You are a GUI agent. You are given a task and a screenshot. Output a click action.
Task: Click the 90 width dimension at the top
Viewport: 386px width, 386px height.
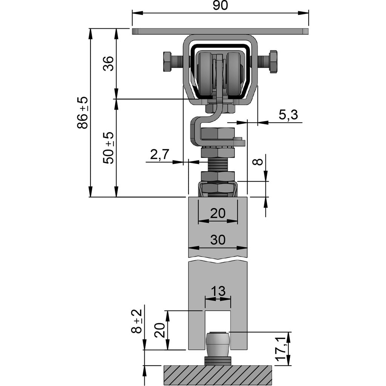pyautogui.click(x=220, y=6)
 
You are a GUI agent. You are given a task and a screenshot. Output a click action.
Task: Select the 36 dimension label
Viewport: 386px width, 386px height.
pyautogui.click(x=108, y=63)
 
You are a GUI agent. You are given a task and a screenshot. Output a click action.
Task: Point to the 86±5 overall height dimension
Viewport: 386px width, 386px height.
pyautogui.click(x=83, y=112)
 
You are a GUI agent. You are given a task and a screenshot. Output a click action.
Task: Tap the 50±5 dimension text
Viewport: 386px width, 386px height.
pyautogui.click(x=108, y=147)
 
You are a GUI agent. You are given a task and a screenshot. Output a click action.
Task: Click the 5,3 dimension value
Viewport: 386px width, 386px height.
pyautogui.click(x=288, y=115)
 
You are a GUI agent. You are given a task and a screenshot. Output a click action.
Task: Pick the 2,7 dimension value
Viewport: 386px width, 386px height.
pyautogui.click(x=160, y=154)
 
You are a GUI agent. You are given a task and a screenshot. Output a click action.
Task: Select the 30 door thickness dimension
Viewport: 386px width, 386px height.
pyautogui.click(x=218, y=240)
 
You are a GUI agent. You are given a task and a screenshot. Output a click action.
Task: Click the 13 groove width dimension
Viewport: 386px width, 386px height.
pyautogui.click(x=218, y=291)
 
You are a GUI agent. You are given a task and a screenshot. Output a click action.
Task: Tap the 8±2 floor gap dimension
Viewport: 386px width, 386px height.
pyautogui.click(x=137, y=321)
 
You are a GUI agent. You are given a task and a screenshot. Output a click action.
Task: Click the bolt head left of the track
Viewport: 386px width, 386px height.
pyautogui.click(x=168, y=61)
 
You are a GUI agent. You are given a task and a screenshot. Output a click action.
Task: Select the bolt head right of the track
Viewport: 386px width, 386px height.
pyautogui.click(x=273, y=61)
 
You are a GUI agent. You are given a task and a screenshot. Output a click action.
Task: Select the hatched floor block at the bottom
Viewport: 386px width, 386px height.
pyautogui.click(x=218, y=375)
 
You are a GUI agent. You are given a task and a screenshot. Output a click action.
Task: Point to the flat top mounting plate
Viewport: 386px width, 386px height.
pyautogui.click(x=220, y=31)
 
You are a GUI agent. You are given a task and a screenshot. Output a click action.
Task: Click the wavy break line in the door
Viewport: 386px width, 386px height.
pyautogui.click(x=218, y=260)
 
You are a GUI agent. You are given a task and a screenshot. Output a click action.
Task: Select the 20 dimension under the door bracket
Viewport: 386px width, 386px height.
pyautogui.click(x=218, y=213)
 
